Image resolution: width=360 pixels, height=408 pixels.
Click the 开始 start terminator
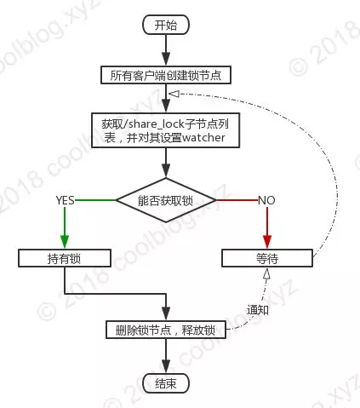(x=166, y=25)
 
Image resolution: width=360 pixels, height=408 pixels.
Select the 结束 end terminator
(x=166, y=384)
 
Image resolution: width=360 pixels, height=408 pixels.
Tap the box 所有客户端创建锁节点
(x=166, y=75)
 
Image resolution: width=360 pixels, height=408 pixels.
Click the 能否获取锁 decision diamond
(x=166, y=200)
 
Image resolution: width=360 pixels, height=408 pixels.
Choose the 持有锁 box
(x=65, y=258)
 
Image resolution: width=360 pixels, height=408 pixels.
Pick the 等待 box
(x=267, y=258)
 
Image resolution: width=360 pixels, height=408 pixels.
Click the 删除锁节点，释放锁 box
(x=166, y=330)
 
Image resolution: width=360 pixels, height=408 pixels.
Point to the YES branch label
(x=65, y=200)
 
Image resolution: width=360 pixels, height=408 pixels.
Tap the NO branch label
(x=266, y=200)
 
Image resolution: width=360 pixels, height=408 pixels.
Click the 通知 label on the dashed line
(x=258, y=310)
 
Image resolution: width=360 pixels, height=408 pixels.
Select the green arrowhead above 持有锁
(x=65, y=242)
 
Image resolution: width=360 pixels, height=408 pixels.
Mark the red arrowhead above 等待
(x=267, y=242)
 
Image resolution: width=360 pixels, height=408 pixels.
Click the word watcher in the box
(x=203, y=138)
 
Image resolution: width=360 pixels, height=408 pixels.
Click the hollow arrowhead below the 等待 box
(x=266, y=274)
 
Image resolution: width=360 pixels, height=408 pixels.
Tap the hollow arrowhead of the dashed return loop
(x=174, y=94)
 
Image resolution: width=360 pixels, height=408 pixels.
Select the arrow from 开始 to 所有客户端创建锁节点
(x=166, y=50)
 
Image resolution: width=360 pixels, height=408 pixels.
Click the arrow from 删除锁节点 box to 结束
(x=166, y=356)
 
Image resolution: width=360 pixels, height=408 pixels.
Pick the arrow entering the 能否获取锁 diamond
(x=166, y=163)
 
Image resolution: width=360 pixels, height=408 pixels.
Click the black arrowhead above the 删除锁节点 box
(x=166, y=313)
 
